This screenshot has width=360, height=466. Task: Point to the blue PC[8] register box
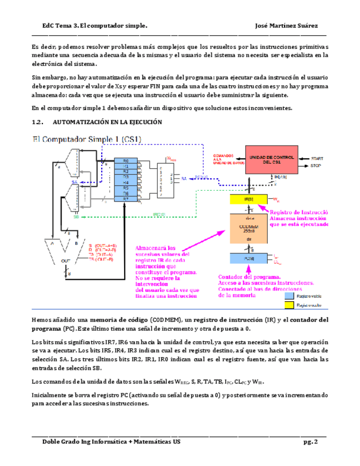(248, 258)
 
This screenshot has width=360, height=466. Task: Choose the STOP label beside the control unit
(316, 165)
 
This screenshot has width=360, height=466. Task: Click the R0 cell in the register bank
(125, 160)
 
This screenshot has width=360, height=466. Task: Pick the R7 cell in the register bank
(125, 198)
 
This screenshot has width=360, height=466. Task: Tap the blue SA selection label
(74, 182)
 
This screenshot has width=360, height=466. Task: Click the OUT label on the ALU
(65, 260)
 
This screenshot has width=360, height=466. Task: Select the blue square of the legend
(287, 295)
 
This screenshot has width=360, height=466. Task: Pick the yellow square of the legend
(287, 304)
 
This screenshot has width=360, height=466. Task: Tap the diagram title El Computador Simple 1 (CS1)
(88, 139)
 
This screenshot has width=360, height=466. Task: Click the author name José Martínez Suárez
(286, 26)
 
